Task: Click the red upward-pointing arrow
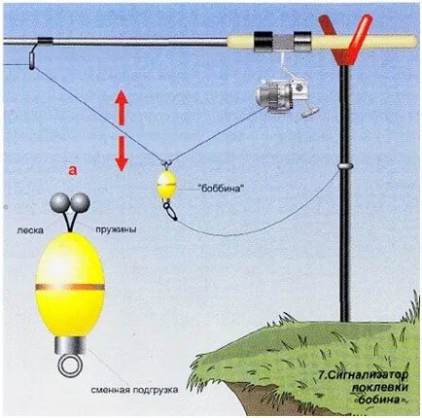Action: point(122,108)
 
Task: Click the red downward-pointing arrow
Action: point(122,154)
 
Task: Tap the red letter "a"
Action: point(73,170)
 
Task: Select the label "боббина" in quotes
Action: point(221,189)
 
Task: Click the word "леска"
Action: point(30,230)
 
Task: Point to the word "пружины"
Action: point(116,229)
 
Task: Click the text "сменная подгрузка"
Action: point(134,390)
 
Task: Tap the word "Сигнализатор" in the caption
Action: point(366,375)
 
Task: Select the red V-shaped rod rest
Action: point(345,40)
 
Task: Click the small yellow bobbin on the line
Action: point(167,185)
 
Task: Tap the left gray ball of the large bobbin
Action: point(59,202)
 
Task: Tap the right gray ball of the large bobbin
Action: point(81,202)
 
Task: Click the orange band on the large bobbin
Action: point(70,287)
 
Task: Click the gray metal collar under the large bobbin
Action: point(70,346)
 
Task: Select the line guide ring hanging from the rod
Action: point(32,60)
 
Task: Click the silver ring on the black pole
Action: point(344,165)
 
